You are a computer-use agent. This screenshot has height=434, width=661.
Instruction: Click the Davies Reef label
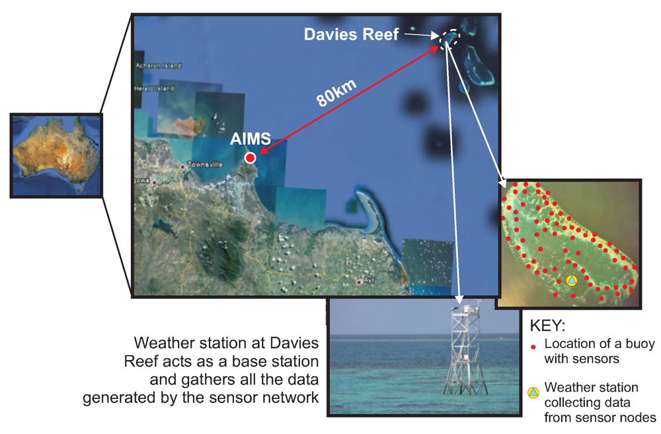pyautogui.click(x=351, y=34)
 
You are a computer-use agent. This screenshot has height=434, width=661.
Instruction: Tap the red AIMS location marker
pyautogui.click(x=250, y=157)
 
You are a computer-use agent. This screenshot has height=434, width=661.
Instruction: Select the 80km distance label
pyautogui.click(x=337, y=93)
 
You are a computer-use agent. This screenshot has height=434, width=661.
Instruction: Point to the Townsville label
pyautogui.click(x=206, y=164)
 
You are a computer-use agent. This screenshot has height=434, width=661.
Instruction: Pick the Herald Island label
pyautogui.click(x=154, y=88)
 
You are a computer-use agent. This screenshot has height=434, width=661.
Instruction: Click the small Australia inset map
pyautogui.click(x=57, y=155)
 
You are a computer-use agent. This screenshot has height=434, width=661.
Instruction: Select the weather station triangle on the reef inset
pyautogui.click(x=572, y=281)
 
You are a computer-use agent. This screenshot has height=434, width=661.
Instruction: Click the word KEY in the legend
pyautogui.click(x=548, y=327)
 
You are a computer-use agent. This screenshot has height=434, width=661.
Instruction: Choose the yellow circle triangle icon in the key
pyautogui.click(x=533, y=393)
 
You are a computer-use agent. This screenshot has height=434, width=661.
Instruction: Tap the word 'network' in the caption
pyautogui.click(x=294, y=398)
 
